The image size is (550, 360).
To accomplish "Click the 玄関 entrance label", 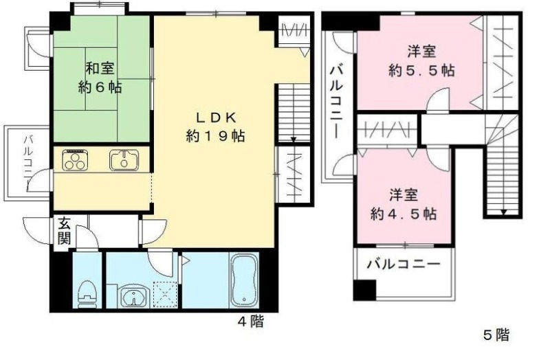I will point(63,232).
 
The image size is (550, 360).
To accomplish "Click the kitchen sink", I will point(124,161).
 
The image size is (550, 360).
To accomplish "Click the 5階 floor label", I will point(496,335).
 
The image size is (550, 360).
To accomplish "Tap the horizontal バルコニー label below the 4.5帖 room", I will point(402,262).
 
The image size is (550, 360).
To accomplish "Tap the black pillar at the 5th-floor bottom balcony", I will point(364,290).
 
